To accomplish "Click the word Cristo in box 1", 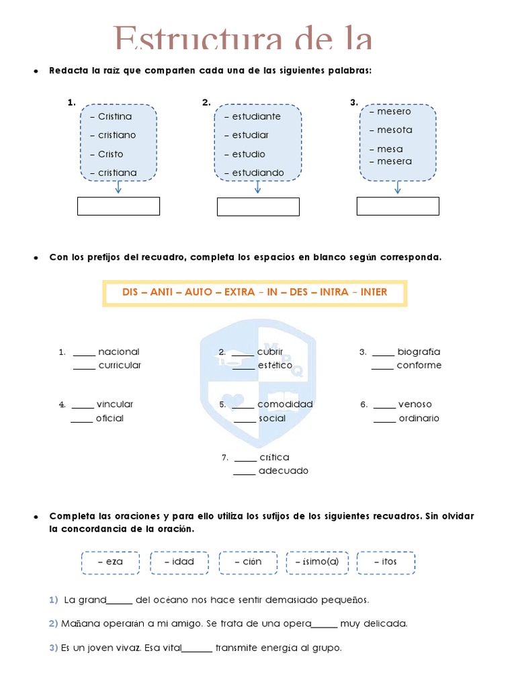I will coord(111,154).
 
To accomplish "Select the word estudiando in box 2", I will coord(258,173).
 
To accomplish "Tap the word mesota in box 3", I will coord(394,130).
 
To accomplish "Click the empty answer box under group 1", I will coord(118,206).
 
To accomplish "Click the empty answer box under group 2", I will coord(258,207).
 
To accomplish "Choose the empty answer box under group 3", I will coord(398,206).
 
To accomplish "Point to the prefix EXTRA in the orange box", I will coord(239,292).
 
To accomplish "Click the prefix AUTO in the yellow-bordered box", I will coord(198,292).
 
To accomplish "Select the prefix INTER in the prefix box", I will coord(374,292).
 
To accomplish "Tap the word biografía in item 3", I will coord(419,351).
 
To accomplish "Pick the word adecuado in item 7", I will coord(284,471).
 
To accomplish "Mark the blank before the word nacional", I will coord(85,353).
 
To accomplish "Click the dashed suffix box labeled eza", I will coord(110,562).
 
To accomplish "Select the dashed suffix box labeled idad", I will coord(179,562).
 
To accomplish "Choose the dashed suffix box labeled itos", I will coord(386,562).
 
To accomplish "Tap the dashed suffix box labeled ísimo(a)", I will coord(317,562).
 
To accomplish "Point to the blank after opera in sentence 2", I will coord(325,626).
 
